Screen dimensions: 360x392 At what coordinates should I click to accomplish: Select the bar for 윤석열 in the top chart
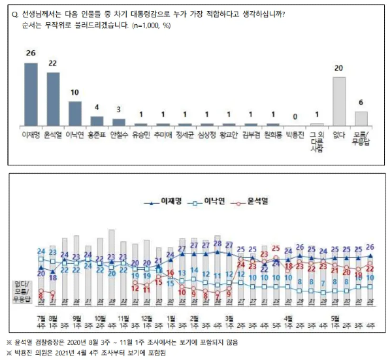click(x=54, y=98)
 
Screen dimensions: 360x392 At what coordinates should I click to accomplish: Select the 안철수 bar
click(x=119, y=122)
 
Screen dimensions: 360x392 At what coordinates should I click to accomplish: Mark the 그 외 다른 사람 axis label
click(x=317, y=143)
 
